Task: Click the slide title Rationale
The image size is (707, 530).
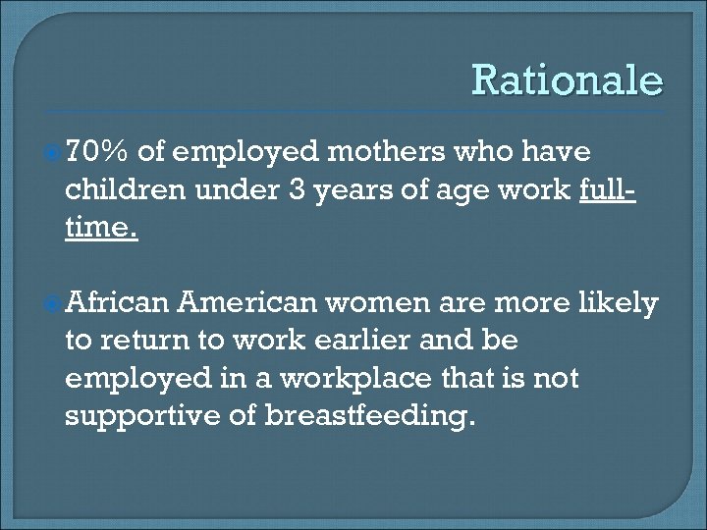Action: coord(568,80)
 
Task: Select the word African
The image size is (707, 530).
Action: coord(117,303)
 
